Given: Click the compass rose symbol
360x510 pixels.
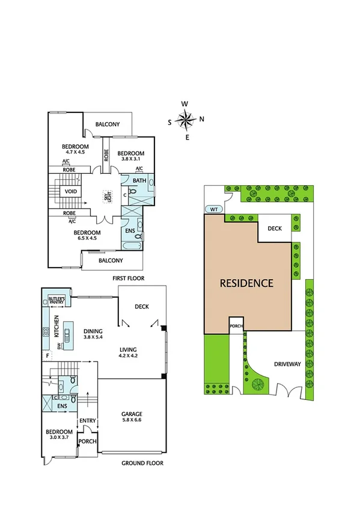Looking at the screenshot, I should point(187,120).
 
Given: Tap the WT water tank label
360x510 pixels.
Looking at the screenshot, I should point(214,209).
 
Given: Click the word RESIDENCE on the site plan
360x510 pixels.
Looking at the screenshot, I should point(246,283).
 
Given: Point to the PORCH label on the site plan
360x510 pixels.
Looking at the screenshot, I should point(236,327).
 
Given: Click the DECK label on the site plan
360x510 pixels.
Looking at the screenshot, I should point(275,228).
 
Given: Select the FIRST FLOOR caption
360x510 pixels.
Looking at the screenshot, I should point(128,278).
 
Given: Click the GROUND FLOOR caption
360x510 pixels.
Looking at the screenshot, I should point(142,463).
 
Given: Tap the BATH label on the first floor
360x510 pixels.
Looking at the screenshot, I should point(139,180).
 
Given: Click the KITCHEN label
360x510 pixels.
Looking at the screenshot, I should point(56,326).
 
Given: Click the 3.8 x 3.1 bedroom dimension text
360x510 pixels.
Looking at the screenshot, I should point(130,159).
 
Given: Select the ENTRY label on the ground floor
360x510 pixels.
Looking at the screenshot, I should point(88,420).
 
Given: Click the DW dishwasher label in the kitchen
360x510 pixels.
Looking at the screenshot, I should point(59,346).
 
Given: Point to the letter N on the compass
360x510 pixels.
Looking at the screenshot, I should point(201,118).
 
